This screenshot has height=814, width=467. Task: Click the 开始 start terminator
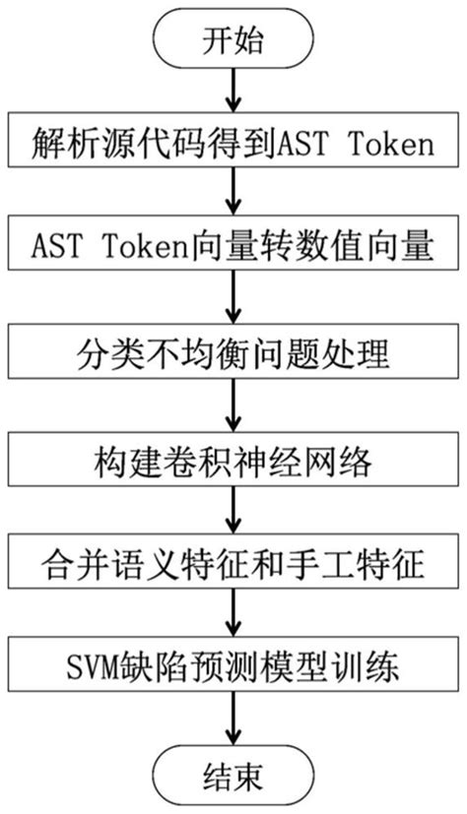tap(233, 41)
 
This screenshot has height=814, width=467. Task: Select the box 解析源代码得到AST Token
tap(233, 145)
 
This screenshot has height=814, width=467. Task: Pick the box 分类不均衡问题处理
tap(233, 350)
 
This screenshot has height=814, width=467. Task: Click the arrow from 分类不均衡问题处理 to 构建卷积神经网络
tap(233, 404)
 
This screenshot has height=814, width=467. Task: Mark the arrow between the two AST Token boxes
tap(233, 196)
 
